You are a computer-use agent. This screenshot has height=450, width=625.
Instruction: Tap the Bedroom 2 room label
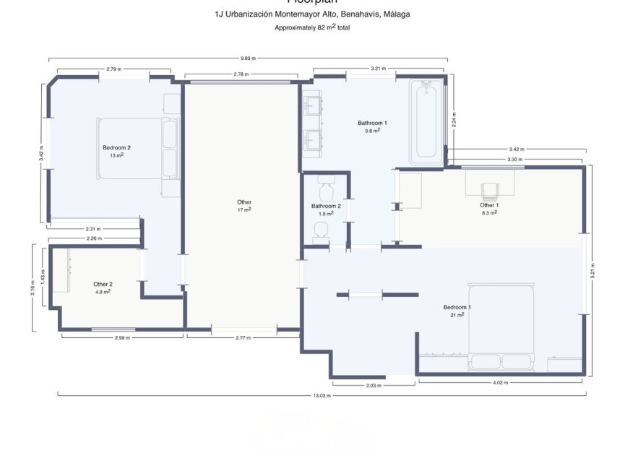(x=116, y=147)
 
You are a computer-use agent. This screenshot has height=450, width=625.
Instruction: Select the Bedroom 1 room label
(x=457, y=308)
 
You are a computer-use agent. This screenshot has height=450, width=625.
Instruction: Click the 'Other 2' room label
(x=103, y=284)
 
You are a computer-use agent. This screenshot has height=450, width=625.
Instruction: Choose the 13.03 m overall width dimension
(x=322, y=396)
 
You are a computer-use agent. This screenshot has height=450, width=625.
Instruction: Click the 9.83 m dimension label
(x=248, y=59)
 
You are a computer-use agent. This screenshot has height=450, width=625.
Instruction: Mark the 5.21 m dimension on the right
(x=592, y=269)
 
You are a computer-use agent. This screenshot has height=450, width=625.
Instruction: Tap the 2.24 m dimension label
(x=454, y=118)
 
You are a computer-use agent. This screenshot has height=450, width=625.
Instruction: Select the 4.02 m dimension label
(x=501, y=383)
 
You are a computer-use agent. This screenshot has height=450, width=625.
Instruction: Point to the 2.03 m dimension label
(x=373, y=386)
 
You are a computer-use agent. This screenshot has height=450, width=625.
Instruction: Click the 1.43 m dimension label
(x=43, y=277)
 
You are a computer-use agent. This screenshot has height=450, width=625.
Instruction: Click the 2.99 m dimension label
(x=122, y=337)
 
